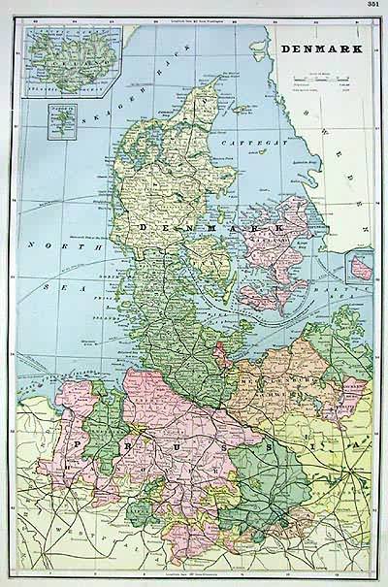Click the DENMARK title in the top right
[x=316, y=46]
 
